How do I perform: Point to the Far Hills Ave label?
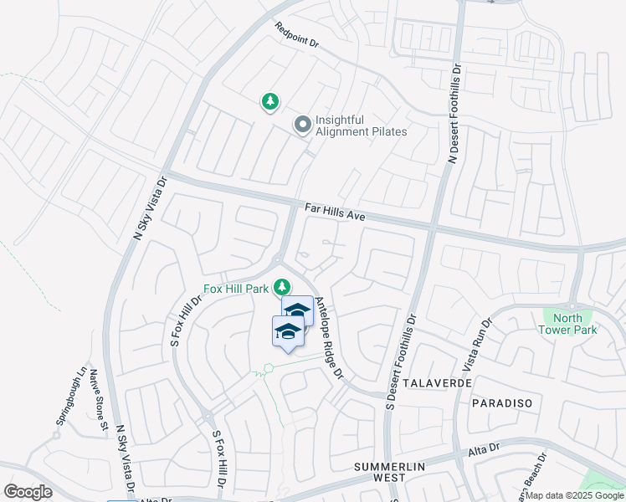point(334,210)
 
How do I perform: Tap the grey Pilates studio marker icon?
point(302,125)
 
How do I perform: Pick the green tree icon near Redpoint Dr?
point(270,102)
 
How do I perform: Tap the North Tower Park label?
point(568,324)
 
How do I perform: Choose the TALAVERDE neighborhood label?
point(437,382)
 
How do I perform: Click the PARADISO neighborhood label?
point(502,403)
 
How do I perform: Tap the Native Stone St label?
point(100,402)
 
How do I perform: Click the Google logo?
point(28,492)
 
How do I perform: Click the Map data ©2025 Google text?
point(574,495)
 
